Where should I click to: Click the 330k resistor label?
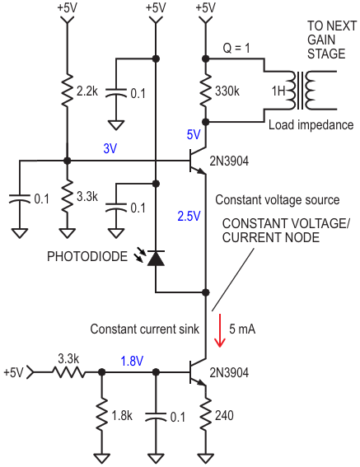click(x=227, y=91)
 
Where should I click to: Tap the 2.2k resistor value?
click(x=87, y=91)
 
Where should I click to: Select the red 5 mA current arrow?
click(x=220, y=330)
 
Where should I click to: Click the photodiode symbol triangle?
click(x=156, y=258)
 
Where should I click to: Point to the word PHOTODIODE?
click(x=87, y=256)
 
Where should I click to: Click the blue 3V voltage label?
click(x=110, y=148)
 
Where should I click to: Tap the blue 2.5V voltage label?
click(x=189, y=216)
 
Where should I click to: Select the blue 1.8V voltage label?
click(x=132, y=361)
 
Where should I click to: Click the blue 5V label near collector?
click(x=194, y=134)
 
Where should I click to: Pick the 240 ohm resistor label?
click(x=224, y=415)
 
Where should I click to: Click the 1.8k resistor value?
click(x=122, y=416)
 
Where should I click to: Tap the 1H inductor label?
click(x=278, y=91)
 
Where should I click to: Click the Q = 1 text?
click(x=236, y=48)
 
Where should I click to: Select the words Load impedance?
click(x=311, y=125)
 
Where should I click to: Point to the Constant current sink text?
click(x=145, y=329)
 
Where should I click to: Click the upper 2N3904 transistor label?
click(x=229, y=161)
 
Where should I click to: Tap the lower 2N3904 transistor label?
click(x=229, y=372)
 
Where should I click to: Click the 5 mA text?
click(x=242, y=329)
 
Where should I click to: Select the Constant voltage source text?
click(x=278, y=200)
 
